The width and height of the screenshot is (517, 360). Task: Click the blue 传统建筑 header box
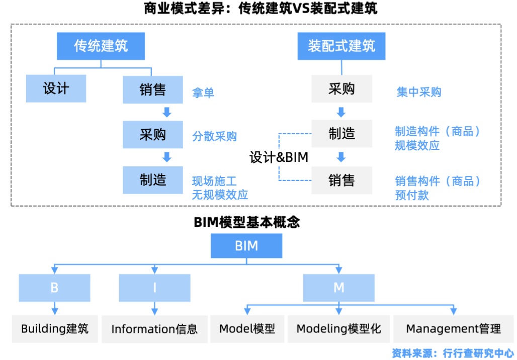[101, 46]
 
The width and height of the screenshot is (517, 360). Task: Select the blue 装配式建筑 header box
[341, 46]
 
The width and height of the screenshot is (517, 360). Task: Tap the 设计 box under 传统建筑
[56, 89]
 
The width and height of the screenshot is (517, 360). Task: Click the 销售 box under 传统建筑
[153, 89]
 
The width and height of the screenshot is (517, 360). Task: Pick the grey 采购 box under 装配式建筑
[341, 89]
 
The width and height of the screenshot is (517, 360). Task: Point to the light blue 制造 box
[153, 179]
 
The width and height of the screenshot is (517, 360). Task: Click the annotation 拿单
[203, 93]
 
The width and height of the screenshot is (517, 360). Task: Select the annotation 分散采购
[214, 137]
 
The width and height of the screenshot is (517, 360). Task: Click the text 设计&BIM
[279, 157]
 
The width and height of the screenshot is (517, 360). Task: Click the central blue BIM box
[246, 246]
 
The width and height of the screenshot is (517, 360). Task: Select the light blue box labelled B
[54, 288]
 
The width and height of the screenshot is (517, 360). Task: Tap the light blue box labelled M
[338, 288]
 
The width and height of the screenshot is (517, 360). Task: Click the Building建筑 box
[54, 329]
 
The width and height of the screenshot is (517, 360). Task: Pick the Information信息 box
[154, 329]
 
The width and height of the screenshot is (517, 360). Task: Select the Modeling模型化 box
[338, 329]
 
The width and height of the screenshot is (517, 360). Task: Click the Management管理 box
[453, 329]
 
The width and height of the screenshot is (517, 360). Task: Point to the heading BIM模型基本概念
[246, 222]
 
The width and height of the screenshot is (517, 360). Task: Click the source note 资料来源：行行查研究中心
[453, 353]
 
